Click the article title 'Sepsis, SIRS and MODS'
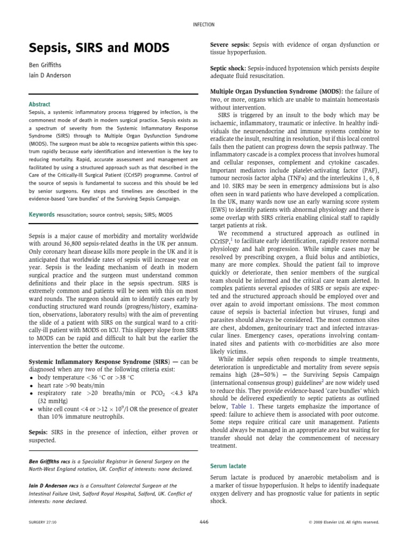click(x=99, y=48)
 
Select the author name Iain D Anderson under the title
click(x=49, y=76)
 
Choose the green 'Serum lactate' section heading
click(x=228, y=466)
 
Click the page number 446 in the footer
click(x=204, y=522)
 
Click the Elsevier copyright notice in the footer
click(x=343, y=523)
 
